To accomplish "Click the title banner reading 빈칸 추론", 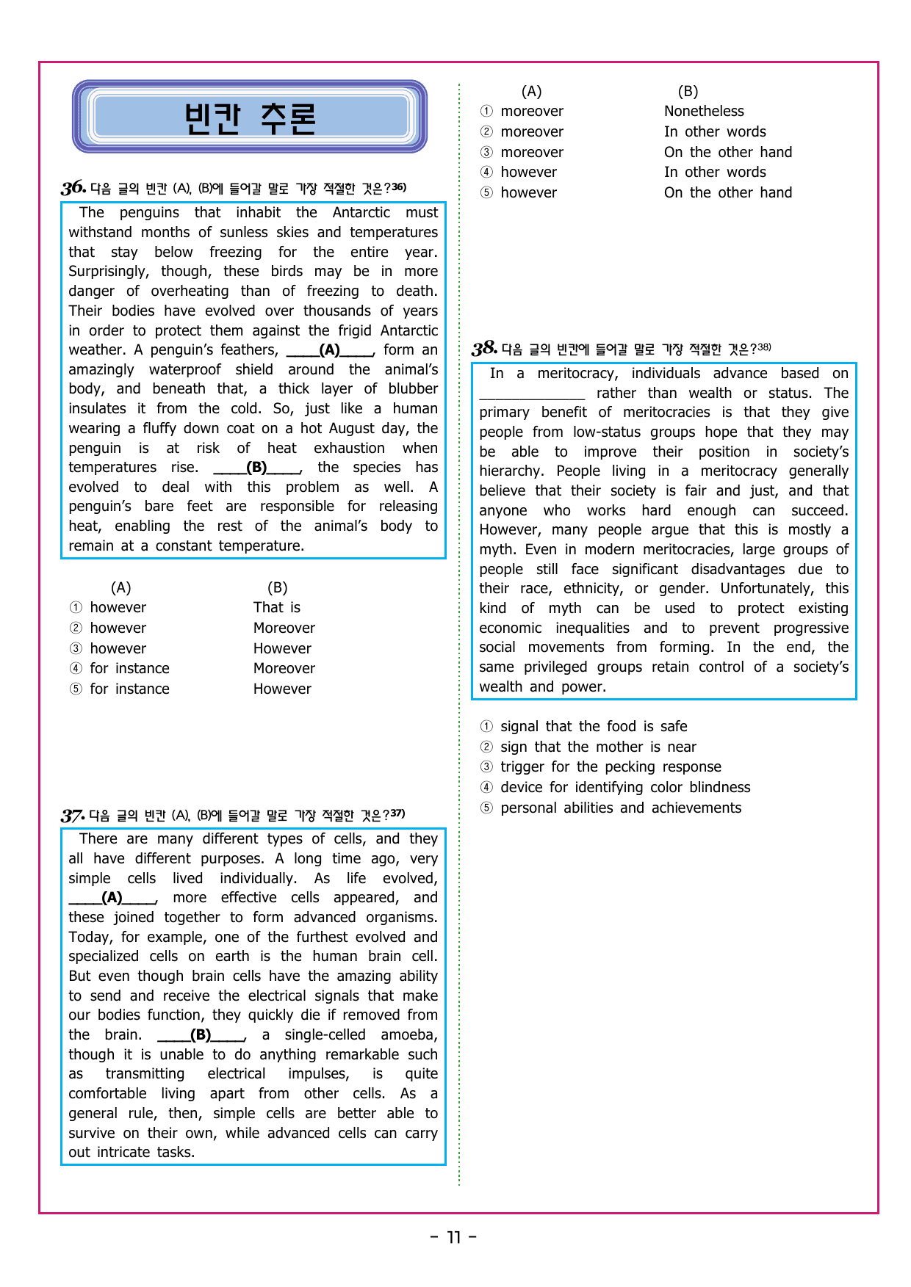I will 250,117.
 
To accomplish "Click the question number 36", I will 73,188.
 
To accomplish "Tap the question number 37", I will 73,815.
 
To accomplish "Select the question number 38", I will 484,348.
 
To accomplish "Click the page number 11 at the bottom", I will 453,1238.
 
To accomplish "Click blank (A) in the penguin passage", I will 330,350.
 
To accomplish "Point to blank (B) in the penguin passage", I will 257,468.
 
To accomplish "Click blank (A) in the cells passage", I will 112,898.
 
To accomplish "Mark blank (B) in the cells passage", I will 201,1035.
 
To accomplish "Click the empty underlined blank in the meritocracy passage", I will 532,394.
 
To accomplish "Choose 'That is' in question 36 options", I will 277,608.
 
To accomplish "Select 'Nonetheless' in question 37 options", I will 704,112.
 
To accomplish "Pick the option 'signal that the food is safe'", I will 594,727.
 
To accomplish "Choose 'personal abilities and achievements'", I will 621,808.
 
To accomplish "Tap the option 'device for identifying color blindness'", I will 625,788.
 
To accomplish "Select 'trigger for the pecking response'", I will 611,767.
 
